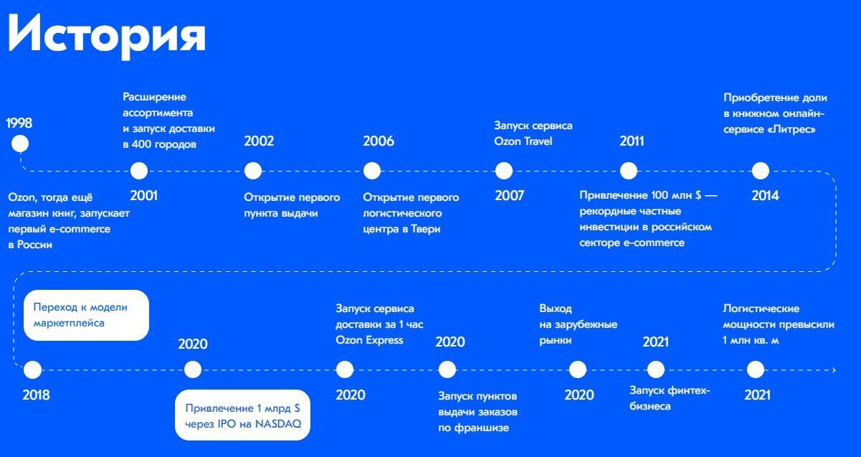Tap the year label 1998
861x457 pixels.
tap(19, 123)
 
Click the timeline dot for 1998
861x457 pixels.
tap(20, 143)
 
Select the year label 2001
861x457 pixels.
tap(143, 196)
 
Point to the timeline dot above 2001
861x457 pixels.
tap(139, 171)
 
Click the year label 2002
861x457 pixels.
tap(259, 141)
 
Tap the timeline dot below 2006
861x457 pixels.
tap(372, 171)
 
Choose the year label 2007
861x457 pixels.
tap(509, 196)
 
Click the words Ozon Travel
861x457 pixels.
tap(523, 141)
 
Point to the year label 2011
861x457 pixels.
tap(632, 141)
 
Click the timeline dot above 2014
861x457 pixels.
tap(761, 171)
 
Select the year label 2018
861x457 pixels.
tap(36, 395)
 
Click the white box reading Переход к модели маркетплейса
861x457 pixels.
tap(86, 315)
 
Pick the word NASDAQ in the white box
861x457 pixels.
tap(278, 424)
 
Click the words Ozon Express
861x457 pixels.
tap(370, 340)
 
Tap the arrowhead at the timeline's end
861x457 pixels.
tap(834, 370)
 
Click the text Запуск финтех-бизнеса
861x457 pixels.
tap(669, 398)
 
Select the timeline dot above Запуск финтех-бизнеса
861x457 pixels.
tap(656, 369)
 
